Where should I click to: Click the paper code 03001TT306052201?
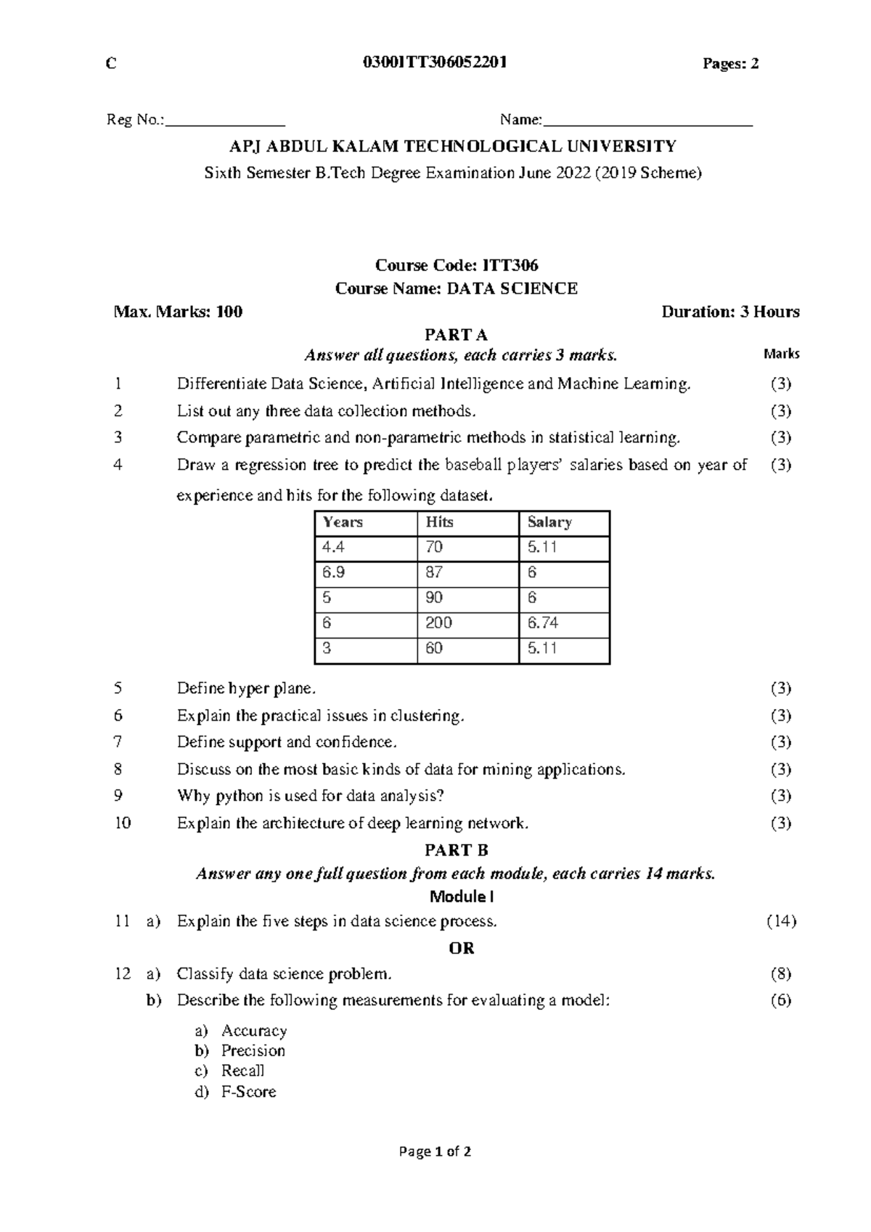click(434, 63)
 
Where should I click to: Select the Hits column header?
click(440, 522)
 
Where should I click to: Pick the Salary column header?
click(549, 522)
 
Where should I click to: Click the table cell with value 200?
click(439, 623)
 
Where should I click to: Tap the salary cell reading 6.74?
click(543, 623)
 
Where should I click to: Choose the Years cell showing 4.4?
click(333, 547)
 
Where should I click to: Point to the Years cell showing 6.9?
click(334, 572)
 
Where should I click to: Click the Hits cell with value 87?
click(434, 572)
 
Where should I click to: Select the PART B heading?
click(456, 850)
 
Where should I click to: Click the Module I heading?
click(462, 896)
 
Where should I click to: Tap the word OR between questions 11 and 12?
click(462, 948)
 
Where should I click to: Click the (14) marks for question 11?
click(781, 921)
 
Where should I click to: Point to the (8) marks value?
click(781, 973)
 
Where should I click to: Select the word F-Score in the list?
click(248, 1092)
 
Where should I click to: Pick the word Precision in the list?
click(253, 1050)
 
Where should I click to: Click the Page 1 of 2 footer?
click(435, 1151)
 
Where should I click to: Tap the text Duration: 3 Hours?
click(730, 312)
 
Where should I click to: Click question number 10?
click(123, 823)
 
